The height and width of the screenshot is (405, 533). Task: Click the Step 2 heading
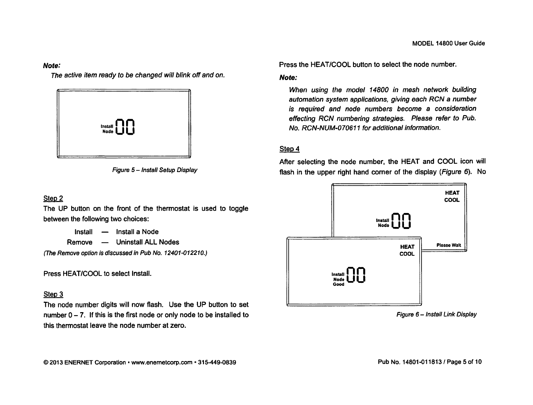53,199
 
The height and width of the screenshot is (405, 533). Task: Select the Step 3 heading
53,295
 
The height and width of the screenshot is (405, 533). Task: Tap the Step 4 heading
289,148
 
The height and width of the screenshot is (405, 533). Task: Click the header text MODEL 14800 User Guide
448,43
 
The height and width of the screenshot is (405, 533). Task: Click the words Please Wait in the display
448,245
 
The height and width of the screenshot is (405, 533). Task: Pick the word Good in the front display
338,285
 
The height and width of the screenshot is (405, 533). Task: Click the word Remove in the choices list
80,242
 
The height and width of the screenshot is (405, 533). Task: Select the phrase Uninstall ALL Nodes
148,242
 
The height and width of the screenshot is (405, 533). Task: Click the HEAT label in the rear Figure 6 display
452,193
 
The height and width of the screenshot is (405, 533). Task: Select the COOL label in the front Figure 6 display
407,254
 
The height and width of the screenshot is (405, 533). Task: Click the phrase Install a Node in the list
137,232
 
